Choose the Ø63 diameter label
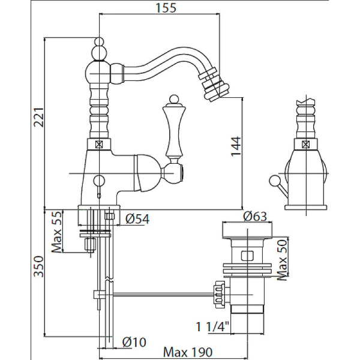pyautogui.click(x=254, y=217)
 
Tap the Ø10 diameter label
pyautogui.click(x=134, y=342)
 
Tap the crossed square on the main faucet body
pyautogui.click(x=98, y=144)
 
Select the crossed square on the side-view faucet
pyautogui.click(x=307, y=144)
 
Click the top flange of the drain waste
pyautogui.click(x=247, y=230)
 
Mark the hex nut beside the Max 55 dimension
pyautogui.click(x=92, y=244)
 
